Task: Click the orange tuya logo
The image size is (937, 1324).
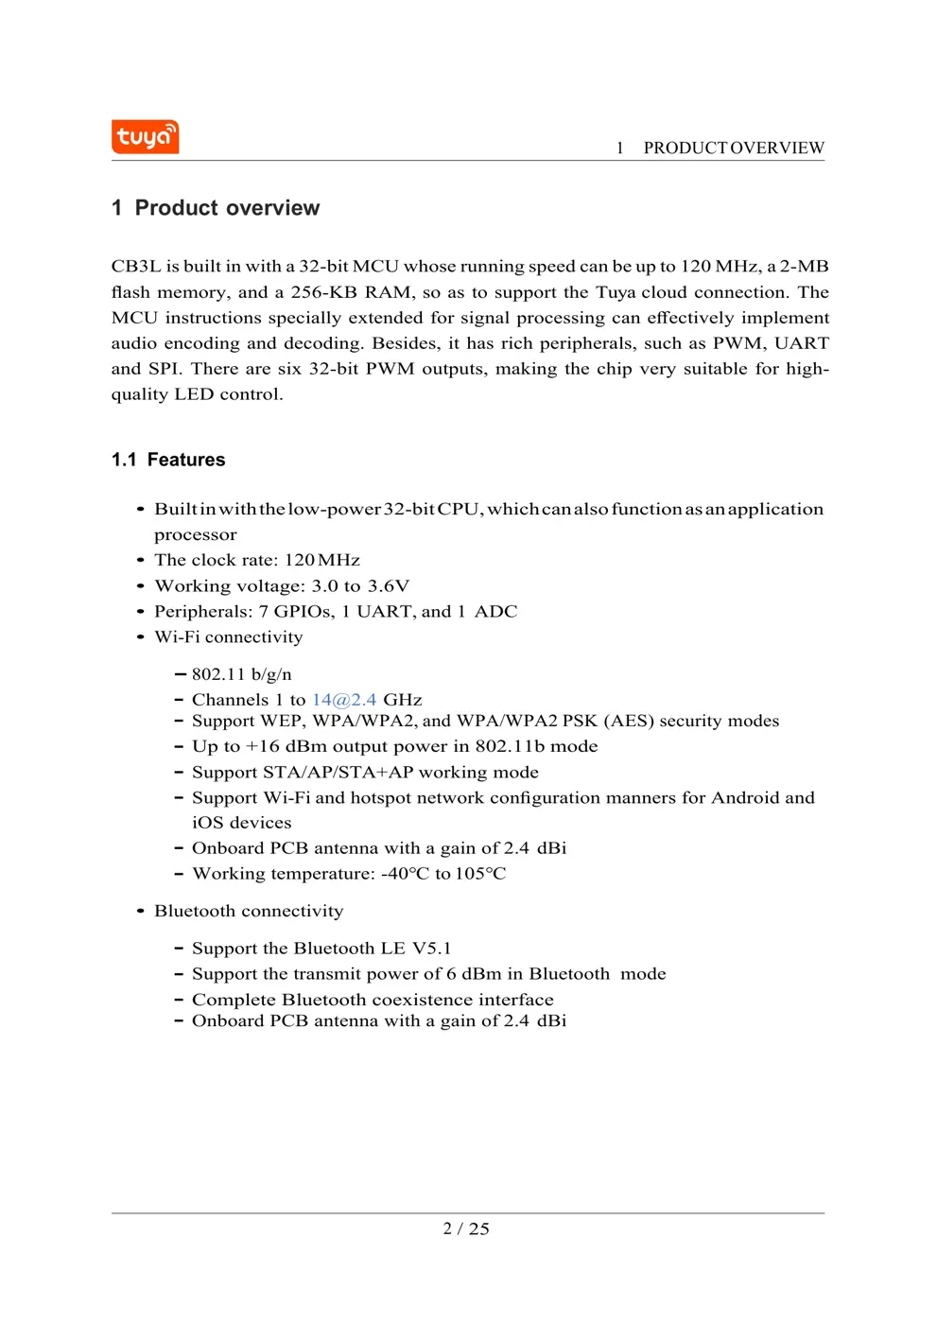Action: [x=145, y=137]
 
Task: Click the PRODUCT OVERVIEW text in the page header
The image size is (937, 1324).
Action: [x=733, y=148]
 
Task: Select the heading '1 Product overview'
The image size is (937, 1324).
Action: [x=216, y=208]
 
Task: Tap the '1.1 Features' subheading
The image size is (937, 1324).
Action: [x=168, y=460]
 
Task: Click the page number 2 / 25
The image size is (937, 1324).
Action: [x=466, y=1228]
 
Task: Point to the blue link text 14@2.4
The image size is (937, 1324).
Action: [x=344, y=700]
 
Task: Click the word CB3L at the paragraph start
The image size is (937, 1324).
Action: [x=135, y=267]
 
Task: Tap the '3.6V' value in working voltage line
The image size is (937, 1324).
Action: [x=389, y=585]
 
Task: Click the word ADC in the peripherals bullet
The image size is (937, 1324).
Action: [x=495, y=611]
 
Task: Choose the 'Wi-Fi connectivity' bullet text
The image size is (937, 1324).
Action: [x=229, y=636]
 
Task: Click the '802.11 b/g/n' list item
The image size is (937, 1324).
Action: [x=242, y=674]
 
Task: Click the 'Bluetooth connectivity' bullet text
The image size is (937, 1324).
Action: [x=249, y=911]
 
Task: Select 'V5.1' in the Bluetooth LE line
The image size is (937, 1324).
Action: [x=431, y=949]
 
